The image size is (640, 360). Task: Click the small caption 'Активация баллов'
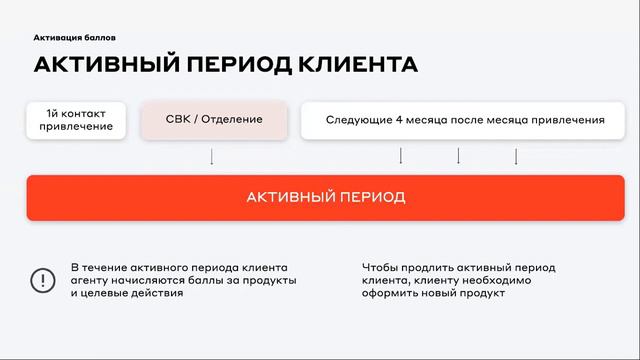74,37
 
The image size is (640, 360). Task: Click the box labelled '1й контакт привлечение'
76,120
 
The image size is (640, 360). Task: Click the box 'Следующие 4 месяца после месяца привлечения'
465,120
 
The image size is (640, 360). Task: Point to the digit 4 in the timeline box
398,120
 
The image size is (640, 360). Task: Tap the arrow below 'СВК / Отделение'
211,156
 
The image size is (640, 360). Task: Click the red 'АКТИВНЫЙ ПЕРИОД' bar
326,197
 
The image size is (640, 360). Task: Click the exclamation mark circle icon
43,281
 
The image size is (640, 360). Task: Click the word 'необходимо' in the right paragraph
497,281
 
